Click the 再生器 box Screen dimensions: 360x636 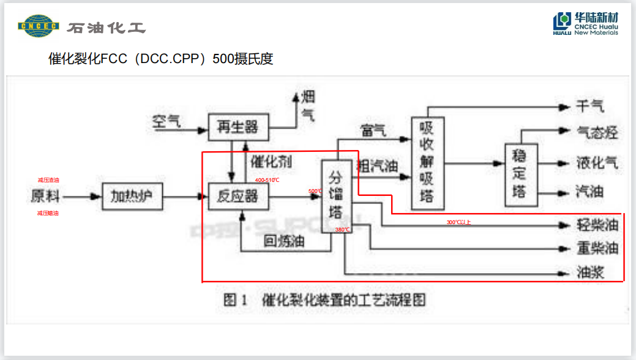pyautogui.click(x=238, y=128)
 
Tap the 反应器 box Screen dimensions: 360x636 pyautogui.click(x=238, y=197)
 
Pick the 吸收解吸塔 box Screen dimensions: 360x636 pyautogui.click(x=428, y=163)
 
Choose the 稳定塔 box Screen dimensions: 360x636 pyautogui.click(x=520, y=174)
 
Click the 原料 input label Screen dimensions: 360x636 pyautogui.click(x=47, y=197)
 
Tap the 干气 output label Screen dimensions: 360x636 pyautogui.click(x=589, y=107)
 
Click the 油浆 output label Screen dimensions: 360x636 pyautogui.click(x=590, y=272)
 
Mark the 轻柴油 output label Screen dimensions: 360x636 pyautogui.click(x=597, y=225)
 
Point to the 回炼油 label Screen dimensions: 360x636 pyautogui.click(x=284, y=241)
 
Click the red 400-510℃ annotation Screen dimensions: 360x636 pyautogui.click(x=267, y=180)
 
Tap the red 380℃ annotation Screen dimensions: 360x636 pyautogui.click(x=342, y=230)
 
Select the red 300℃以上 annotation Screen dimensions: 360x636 pyautogui.click(x=458, y=222)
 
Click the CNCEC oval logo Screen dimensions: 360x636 pyautogui.click(x=39, y=26)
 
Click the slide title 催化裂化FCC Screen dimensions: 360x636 pyautogui.click(x=160, y=59)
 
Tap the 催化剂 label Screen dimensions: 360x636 pyautogui.click(x=271, y=162)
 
